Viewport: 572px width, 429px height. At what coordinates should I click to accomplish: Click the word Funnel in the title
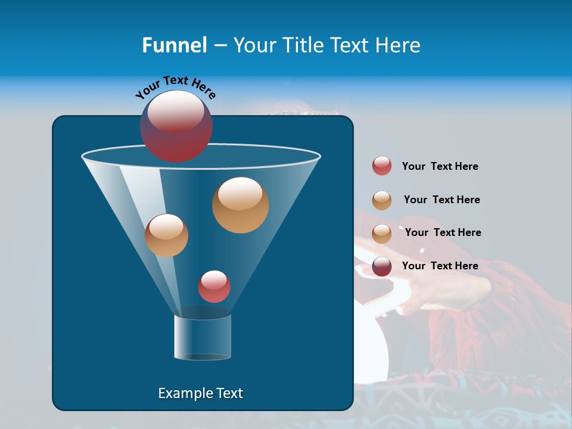coord(174,45)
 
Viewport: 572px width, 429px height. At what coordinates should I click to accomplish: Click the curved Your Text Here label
coord(176,87)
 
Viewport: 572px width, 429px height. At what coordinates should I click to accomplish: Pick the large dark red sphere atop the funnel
coord(176,126)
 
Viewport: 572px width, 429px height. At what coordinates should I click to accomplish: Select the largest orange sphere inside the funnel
coord(241,205)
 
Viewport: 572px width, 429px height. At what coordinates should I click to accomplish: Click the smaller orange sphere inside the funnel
coord(166,235)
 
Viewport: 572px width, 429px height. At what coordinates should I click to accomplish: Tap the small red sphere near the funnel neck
coord(214,287)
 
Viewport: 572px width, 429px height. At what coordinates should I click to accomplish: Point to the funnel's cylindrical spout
coord(203,337)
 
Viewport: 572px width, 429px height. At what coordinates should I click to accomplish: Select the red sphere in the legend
coord(382,166)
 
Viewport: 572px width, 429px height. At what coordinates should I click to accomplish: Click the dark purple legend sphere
coord(382,266)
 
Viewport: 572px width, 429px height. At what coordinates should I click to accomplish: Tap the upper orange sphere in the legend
coord(382,200)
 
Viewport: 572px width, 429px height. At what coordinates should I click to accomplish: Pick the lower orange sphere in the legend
coord(382,234)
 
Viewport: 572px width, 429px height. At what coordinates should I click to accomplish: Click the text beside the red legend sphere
coord(440,167)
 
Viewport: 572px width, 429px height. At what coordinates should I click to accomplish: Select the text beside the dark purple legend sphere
coord(440,266)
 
